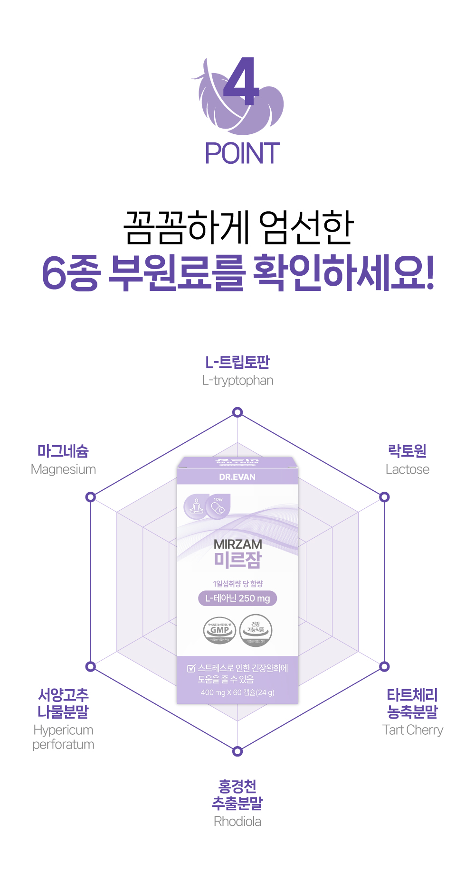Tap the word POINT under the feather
pyautogui.click(x=242, y=153)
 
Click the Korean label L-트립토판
pyautogui.click(x=237, y=362)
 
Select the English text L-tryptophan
pyautogui.click(x=237, y=381)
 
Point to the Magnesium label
pyautogui.click(x=63, y=469)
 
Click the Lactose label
pyautogui.click(x=408, y=469)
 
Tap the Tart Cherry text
pyautogui.click(x=413, y=730)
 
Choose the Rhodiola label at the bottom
pyautogui.click(x=237, y=822)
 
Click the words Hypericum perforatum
pyautogui.click(x=63, y=737)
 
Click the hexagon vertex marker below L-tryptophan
pyautogui.click(x=237, y=412)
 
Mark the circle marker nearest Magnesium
pyautogui.click(x=90, y=497)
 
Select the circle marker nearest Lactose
pyautogui.click(x=384, y=497)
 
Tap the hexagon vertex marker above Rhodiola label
pyautogui.click(x=237, y=751)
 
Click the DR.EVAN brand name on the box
pyautogui.click(x=237, y=477)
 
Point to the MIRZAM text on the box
pyautogui.click(x=237, y=544)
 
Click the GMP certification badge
pyautogui.click(x=219, y=630)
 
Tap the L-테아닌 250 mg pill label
pyautogui.click(x=237, y=598)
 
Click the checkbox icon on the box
pyautogui.click(x=191, y=668)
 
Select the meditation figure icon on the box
pyautogui.click(x=196, y=507)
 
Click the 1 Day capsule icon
pyautogui.click(x=218, y=506)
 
